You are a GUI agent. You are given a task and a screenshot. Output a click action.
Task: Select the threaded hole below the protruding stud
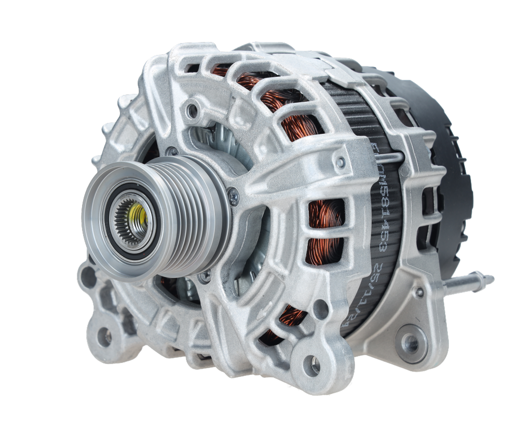point(411,343)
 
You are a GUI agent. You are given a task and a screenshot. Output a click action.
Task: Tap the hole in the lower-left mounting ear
point(104,336)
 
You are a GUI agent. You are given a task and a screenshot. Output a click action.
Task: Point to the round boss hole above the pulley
point(193,110)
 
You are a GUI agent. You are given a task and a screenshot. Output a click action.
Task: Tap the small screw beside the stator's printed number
point(340,163)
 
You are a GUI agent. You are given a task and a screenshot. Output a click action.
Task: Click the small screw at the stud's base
point(419,293)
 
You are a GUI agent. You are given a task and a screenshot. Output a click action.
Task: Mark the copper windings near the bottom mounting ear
point(283,322)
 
